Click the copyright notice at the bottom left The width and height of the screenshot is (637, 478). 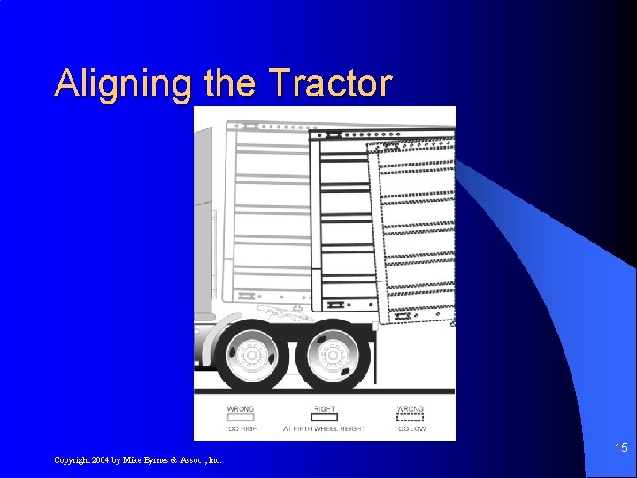click(x=137, y=460)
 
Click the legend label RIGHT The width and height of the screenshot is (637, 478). click(x=325, y=409)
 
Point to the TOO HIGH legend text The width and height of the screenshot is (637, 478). click(x=240, y=428)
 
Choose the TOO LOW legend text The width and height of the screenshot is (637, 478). click(x=410, y=428)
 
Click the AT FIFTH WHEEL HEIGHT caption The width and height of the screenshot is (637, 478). click(x=324, y=428)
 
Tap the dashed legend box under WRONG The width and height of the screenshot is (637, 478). click(x=410, y=418)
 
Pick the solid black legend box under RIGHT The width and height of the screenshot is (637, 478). click(x=325, y=418)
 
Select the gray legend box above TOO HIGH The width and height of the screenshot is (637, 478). click(x=240, y=418)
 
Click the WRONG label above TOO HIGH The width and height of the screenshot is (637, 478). click(x=240, y=409)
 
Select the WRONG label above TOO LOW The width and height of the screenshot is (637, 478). click(x=410, y=409)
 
